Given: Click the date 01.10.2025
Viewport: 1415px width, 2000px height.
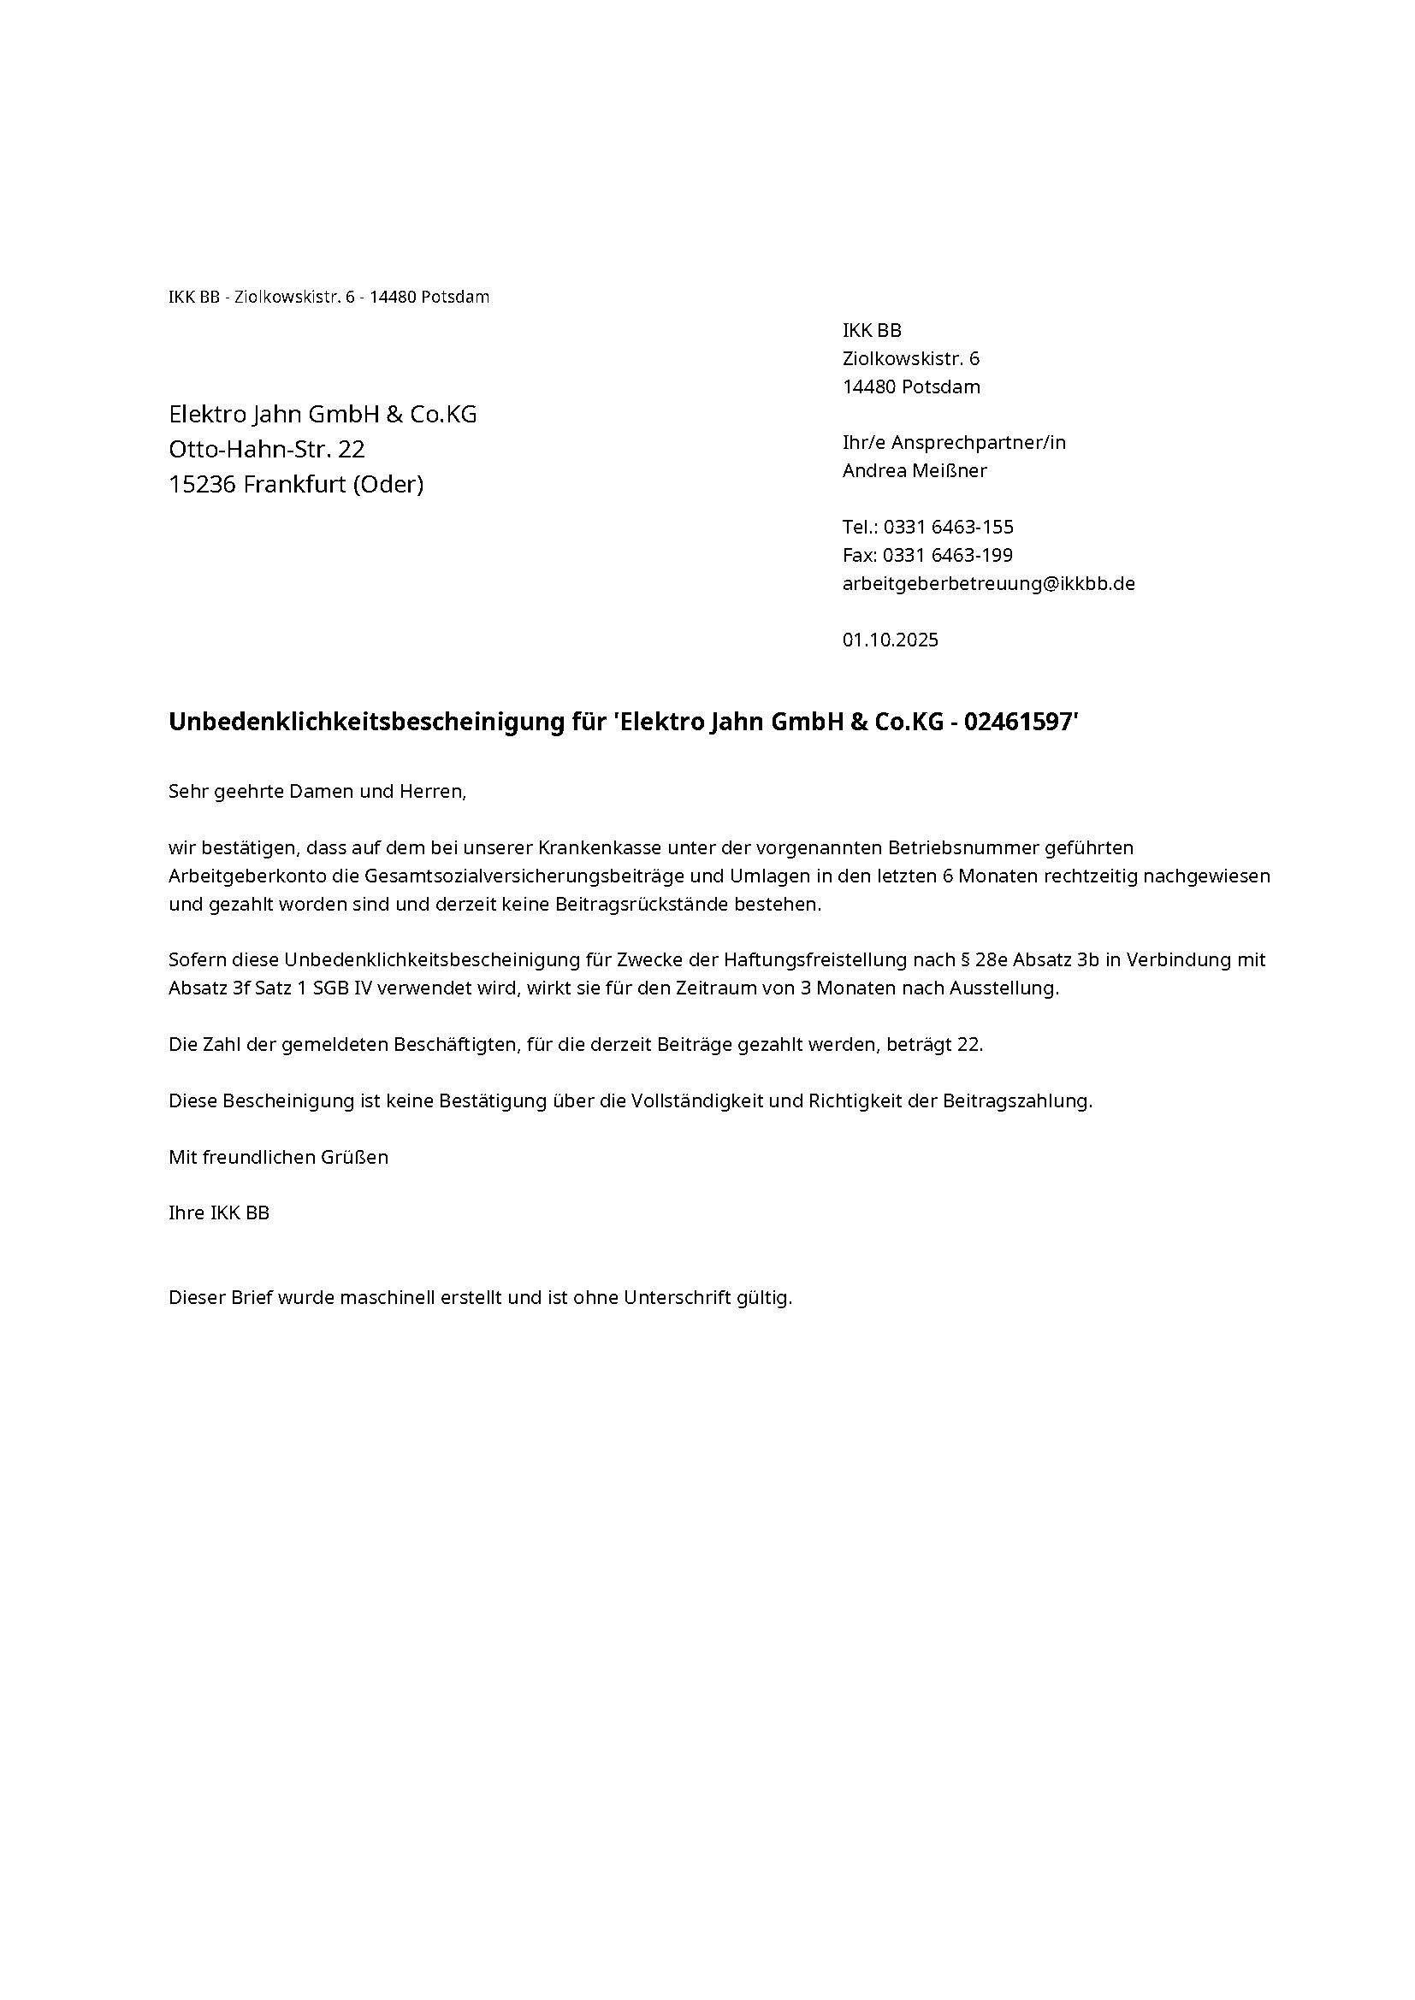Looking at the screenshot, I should click(x=890, y=640).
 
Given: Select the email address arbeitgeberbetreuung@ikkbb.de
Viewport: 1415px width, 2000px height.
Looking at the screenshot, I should click(x=988, y=584).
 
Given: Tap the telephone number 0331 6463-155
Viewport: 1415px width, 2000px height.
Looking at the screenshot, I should click(x=948, y=527).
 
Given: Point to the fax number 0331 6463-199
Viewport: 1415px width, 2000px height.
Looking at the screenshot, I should click(x=947, y=555).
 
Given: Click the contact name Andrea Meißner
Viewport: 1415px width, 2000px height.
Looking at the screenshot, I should click(x=914, y=470).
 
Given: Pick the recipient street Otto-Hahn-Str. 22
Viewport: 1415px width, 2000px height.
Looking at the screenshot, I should click(x=267, y=450).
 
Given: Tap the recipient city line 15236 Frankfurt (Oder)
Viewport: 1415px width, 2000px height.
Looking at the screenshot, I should click(x=296, y=484).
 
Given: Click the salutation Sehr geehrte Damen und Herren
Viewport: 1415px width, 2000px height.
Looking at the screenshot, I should click(x=317, y=792).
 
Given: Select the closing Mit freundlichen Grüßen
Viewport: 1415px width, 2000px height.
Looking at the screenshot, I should click(x=278, y=1157).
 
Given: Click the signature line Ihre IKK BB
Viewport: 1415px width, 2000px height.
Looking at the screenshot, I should click(x=219, y=1212).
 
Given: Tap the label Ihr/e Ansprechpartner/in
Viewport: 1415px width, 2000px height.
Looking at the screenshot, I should click(x=953, y=443).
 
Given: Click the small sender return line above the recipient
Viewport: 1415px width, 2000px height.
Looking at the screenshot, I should click(x=329, y=297).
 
